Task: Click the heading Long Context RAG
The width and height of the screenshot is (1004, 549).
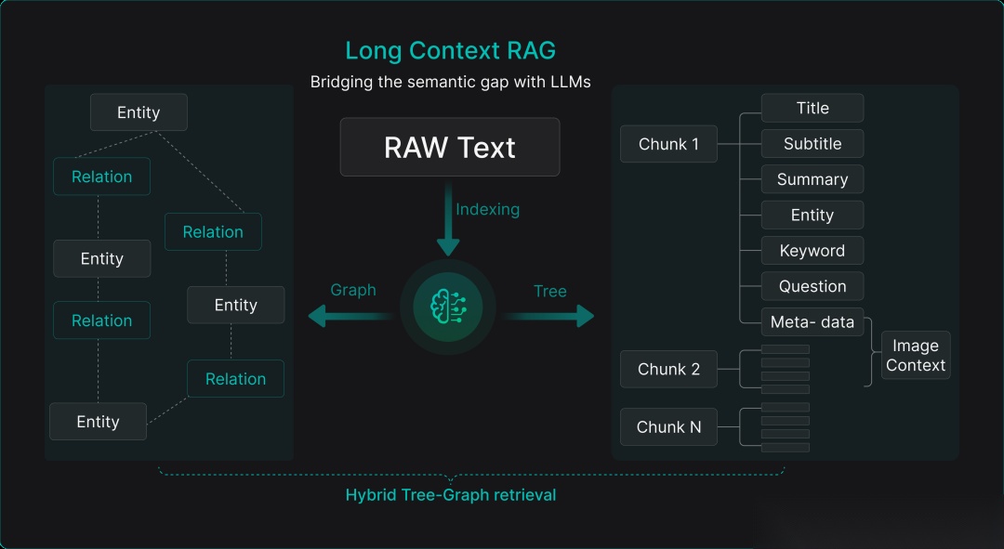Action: point(450,50)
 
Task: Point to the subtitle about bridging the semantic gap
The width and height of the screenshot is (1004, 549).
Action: point(450,82)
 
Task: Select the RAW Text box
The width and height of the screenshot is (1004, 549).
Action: point(450,147)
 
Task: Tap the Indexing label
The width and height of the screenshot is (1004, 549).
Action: point(487,209)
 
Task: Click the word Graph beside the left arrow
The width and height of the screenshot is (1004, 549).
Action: point(353,290)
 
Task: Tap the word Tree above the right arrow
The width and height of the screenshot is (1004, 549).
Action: point(550,291)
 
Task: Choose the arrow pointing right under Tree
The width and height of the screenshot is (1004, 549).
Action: point(548,317)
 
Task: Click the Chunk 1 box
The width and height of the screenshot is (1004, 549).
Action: point(668,144)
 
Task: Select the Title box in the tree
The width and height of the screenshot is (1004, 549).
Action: point(812,108)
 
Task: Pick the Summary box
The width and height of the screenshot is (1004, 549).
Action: point(812,179)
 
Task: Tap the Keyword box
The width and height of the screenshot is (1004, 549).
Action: point(812,251)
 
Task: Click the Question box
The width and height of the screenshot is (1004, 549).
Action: point(812,286)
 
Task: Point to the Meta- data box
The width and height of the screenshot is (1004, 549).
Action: point(812,322)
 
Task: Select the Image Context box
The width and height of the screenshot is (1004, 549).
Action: point(916,355)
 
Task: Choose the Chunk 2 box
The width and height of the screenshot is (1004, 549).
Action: point(668,369)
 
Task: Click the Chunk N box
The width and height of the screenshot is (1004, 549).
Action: point(668,427)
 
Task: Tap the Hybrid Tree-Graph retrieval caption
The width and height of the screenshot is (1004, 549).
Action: point(450,495)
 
